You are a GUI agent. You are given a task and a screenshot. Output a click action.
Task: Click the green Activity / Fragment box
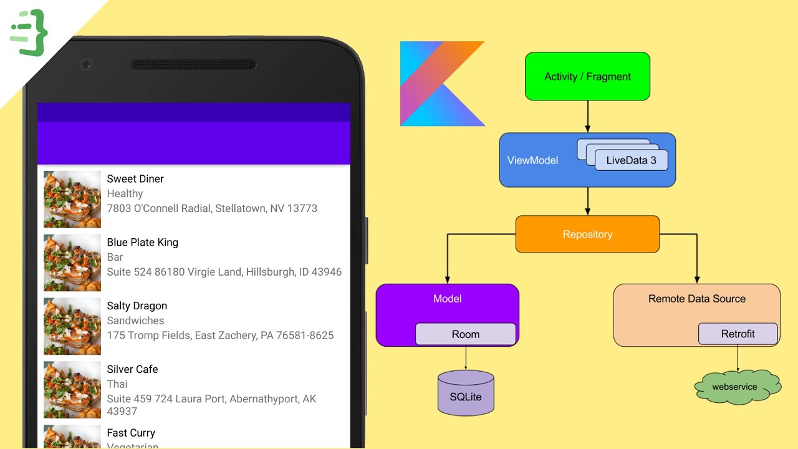[587, 76]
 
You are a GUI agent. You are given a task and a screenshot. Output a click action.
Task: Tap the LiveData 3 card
[631, 160]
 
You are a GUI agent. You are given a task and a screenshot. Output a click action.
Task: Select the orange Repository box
[587, 234]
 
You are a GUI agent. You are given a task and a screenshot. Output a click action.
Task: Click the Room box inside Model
[466, 334]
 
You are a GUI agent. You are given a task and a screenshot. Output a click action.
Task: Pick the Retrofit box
[738, 334]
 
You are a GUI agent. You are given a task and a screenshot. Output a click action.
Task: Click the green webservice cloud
[738, 387]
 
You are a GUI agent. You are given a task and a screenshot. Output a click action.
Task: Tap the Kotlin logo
[442, 84]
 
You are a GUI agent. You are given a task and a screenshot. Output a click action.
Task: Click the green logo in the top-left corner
[29, 32]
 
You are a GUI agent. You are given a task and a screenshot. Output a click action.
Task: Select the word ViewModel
[532, 160]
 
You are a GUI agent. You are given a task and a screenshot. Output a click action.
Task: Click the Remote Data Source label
[696, 299]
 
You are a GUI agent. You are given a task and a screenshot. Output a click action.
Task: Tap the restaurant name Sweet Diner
[135, 179]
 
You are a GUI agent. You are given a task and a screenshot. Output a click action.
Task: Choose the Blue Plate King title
[142, 243]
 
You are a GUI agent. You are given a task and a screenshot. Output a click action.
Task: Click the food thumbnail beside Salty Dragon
[72, 326]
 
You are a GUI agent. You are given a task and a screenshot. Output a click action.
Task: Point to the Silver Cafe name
[132, 369]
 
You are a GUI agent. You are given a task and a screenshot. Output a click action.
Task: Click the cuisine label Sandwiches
[135, 321]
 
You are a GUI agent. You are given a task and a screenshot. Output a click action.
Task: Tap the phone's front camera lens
[87, 64]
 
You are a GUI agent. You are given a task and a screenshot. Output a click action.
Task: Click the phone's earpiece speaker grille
[193, 64]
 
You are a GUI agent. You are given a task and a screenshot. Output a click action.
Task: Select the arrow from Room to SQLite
[466, 358]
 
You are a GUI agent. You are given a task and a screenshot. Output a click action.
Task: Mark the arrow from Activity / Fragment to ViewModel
[587, 117]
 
